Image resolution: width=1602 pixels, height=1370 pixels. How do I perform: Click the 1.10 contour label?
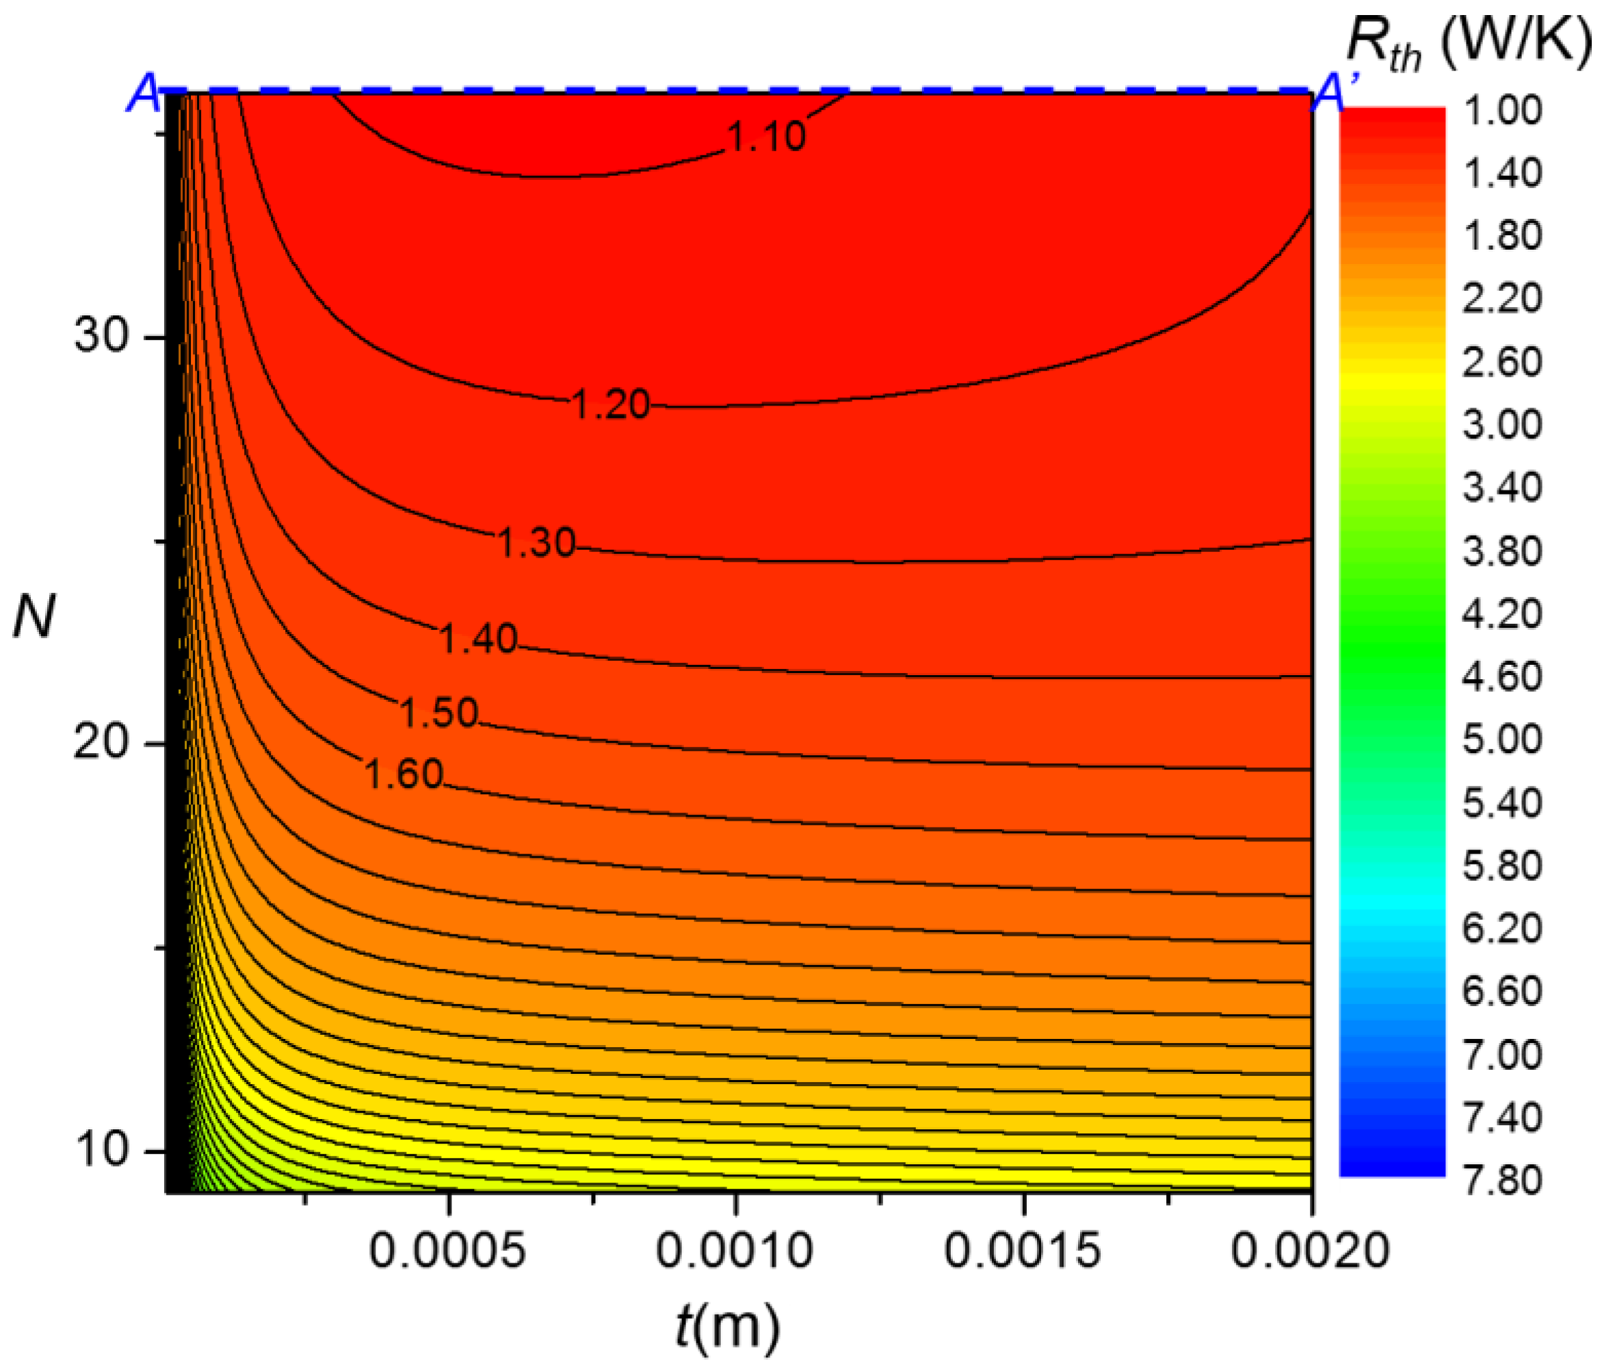click(766, 137)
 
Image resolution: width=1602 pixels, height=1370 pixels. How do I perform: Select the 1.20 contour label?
click(611, 404)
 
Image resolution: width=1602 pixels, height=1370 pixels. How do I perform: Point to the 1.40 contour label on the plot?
click(478, 640)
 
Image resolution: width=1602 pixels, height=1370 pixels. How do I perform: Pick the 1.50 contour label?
click(438, 712)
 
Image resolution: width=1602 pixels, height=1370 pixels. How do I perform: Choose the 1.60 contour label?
click(403, 774)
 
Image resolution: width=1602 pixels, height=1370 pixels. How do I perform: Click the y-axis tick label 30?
click(100, 337)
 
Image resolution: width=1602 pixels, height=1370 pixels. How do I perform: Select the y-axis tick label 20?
click(100, 743)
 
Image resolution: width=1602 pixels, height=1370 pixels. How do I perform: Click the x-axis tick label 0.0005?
click(447, 1250)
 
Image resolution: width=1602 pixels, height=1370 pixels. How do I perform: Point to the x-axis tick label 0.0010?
click(735, 1250)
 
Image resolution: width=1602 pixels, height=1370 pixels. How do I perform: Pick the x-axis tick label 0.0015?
click(1022, 1250)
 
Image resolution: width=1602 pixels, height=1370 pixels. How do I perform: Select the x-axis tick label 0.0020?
click(1310, 1250)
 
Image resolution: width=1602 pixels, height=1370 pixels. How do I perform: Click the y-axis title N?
click(34, 618)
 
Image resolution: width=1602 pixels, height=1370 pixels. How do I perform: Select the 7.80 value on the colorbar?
click(1501, 1181)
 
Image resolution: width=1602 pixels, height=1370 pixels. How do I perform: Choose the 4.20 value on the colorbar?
click(1501, 615)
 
